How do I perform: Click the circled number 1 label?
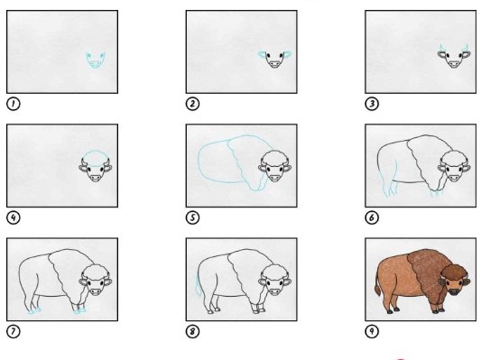click(14, 104)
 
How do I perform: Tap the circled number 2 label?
click(192, 104)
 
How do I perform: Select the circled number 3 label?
click(372, 104)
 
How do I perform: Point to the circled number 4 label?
click(14, 217)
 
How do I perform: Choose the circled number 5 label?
click(192, 217)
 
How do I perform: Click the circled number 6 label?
click(372, 217)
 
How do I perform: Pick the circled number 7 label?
click(14, 331)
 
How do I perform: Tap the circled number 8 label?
click(192, 331)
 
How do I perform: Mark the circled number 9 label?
click(372, 331)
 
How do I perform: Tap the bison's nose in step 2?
click(274, 64)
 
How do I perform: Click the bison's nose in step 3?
click(454, 64)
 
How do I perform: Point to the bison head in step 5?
click(275, 166)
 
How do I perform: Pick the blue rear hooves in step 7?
click(34, 311)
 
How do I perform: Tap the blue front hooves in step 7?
click(79, 311)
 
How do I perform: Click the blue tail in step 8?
click(199, 286)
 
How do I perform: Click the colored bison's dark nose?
click(454, 291)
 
